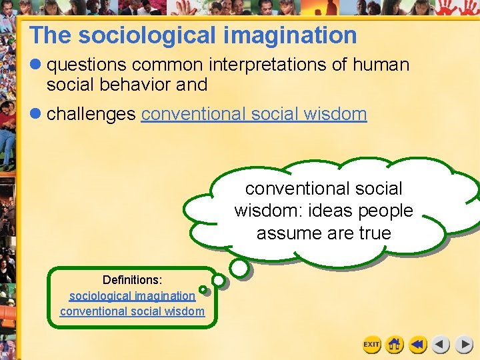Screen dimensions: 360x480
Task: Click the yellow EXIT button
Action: pyautogui.click(x=371, y=345)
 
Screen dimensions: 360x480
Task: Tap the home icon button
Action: pyautogui.click(x=395, y=345)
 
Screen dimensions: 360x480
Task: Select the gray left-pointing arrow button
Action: pyautogui.click(x=441, y=345)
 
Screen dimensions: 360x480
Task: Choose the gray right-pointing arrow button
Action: pyautogui.click(x=464, y=345)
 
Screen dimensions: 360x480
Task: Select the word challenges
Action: pyautogui.click(x=91, y=114)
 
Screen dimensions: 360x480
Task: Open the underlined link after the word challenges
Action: pyautogui.click(x=254, y=114)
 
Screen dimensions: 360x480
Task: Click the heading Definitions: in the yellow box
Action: pyautogui.click(x=133, y=280)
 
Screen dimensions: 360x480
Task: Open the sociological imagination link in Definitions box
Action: pyautogui.click(x=133, y=295)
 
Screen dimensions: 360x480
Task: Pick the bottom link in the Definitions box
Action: pyautogui.click(x=133, y=311)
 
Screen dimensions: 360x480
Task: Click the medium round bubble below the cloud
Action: pyautogui.click(x=239, y=268)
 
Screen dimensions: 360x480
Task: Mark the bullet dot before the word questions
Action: pyautogui.click(x=36, y=65)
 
